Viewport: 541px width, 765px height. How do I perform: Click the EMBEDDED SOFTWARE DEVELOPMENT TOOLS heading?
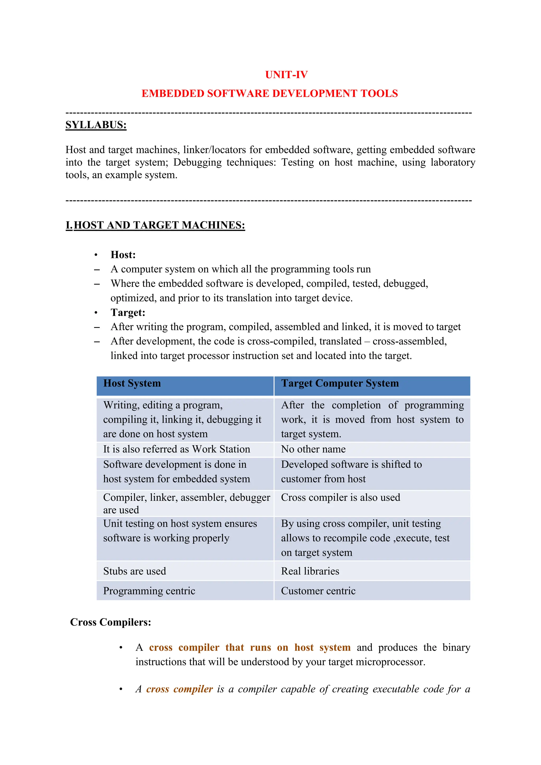point(269,94)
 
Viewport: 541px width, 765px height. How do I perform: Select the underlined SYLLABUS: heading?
point(96,125)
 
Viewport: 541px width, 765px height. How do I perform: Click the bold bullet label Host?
point(123,255)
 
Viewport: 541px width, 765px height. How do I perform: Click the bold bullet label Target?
point(128,312)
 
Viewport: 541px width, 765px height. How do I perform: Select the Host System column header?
point(132,384)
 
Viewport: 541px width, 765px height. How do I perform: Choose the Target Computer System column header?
point(340,384)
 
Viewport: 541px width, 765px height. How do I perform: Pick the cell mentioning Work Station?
point(176,449)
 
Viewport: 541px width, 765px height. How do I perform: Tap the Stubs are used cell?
point(134,571)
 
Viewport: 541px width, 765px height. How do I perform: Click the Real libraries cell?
point(310,571)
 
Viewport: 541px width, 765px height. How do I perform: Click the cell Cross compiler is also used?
point(341,497)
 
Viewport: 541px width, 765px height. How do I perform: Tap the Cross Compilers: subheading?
point(111,622)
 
